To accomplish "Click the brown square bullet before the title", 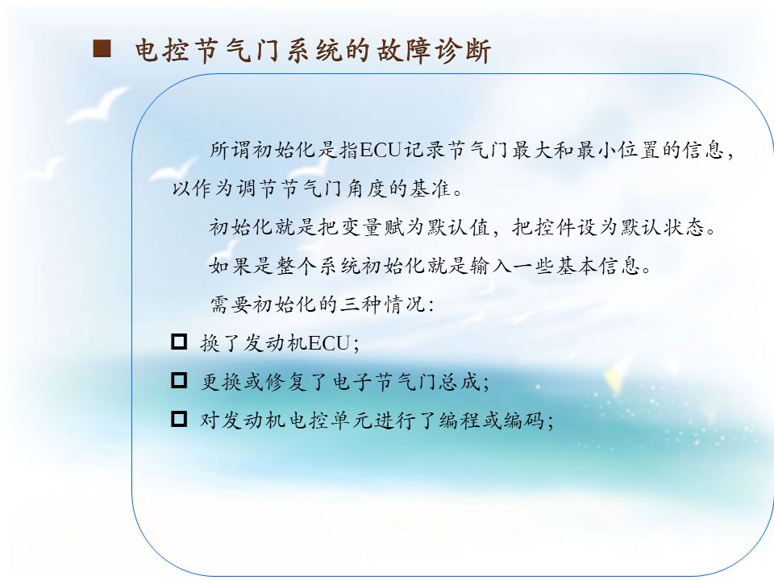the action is pos(102,49).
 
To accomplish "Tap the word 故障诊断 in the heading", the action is pos(434,50).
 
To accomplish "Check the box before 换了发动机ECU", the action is pos(179,342).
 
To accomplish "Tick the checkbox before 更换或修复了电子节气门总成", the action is pos(179,380).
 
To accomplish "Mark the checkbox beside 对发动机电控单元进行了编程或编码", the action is pos(179,419).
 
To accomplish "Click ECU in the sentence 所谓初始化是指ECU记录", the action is pos(380,150).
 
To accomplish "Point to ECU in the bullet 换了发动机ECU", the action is pos(329,343).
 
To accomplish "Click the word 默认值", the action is pos(459,227).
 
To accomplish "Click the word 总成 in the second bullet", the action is pos(461,382).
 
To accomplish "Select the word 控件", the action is pos(556,227).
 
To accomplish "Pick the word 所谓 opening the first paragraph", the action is pos(231,150).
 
